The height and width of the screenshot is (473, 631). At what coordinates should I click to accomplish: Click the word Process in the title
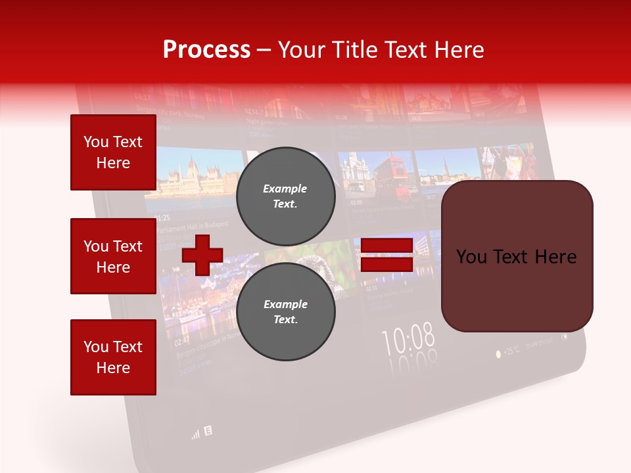tap(206, 50)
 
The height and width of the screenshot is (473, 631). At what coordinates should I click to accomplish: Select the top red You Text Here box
tap(113, 152)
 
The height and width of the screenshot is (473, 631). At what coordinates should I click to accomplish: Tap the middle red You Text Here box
tap(113, 256)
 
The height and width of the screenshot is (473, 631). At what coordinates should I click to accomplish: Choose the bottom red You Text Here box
tap(113, 357)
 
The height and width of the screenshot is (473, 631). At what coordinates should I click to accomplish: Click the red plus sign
tap(202, 255)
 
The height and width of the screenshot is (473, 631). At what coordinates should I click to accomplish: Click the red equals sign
tap(386, 255)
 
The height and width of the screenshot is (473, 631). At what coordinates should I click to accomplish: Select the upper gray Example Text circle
tap(285, 196)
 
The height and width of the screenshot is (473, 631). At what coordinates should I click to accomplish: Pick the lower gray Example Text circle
tap(285, 312)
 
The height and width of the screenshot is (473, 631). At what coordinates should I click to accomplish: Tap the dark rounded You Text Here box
tap(517, 256)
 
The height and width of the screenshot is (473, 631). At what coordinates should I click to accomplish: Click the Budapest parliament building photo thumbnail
tap(197, 174)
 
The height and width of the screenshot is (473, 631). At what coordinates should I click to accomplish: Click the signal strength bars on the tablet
tap(195, 434)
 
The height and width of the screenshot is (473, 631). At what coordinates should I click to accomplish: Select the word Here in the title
tap(458, 50)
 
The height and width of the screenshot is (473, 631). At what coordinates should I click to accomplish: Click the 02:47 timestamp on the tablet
tap(182, 341)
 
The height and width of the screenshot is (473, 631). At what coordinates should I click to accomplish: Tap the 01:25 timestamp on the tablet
tap(162, 217)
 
